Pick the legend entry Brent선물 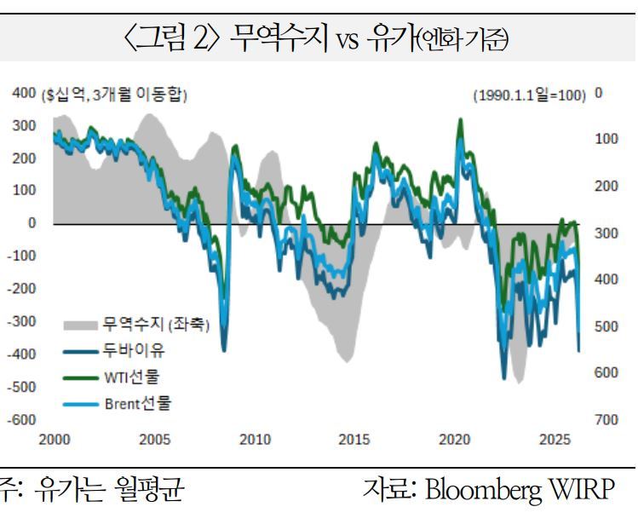(x=136, y=402)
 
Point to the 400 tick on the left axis (x=23, y=93)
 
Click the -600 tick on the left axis (x=23, y=420)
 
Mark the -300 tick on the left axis (x=23, y=321)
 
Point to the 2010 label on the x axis (x=255, y=440)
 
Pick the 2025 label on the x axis (x=555, y=440)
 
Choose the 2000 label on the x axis (x=54, y=440)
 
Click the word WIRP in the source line (x=587, y=492)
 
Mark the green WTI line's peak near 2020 (x=461, y=120)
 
